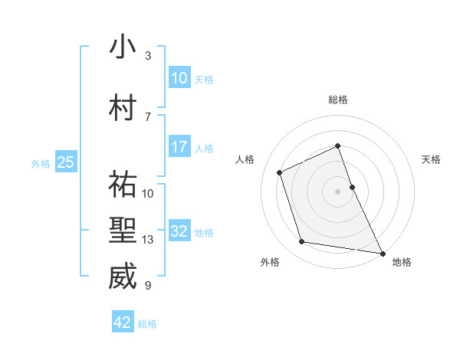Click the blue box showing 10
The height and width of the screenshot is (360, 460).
179,78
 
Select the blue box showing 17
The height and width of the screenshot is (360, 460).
179,147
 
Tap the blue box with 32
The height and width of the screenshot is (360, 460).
179,232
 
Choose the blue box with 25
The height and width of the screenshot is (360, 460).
65,162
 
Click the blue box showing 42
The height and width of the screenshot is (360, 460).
123,322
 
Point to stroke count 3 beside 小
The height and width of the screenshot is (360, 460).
148,56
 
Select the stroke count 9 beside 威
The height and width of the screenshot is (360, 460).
148,286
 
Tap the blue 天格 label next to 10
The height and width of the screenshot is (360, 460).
204,79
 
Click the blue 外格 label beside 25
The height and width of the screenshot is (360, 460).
41,162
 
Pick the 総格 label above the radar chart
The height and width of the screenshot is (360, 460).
338,100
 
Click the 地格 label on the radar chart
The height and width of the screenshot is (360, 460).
402,262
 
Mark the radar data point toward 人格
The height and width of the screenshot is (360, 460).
281,172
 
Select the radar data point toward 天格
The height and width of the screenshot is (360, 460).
352,186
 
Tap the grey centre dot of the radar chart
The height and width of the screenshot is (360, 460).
337,191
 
